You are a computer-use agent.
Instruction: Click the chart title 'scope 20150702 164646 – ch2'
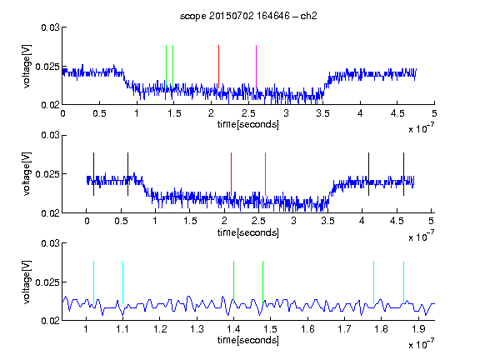pos(248,16)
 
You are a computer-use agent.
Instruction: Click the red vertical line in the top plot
pos(218,67)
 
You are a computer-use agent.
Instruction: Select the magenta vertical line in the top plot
pos(256,67)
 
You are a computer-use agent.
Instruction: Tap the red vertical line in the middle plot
pos(231,174)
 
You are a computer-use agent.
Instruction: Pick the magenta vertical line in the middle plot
pos(265,174)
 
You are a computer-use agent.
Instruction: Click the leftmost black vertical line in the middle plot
pos(93,174)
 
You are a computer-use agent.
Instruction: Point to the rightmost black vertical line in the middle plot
pos(403,174)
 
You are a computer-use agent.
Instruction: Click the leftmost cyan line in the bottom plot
pos(93,282)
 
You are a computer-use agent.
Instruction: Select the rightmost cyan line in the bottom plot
pos(403,282)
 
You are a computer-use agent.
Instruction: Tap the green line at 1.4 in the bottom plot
pos(233,282)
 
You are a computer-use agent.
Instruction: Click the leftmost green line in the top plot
pos(166,67)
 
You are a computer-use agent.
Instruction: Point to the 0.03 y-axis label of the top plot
pos(50,27)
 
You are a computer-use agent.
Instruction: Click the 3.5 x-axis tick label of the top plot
pos(323,113)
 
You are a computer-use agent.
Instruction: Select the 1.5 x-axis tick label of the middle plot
pos(190,221)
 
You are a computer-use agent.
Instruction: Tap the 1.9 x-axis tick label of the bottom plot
pos(418,329)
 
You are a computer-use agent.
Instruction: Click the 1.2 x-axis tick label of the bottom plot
pos(160,329)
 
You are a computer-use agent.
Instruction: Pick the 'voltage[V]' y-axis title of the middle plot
pos(27,174)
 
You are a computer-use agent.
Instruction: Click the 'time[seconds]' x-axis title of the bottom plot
pos(248,340)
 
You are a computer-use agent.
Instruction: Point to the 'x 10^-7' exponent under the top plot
pos(421,128)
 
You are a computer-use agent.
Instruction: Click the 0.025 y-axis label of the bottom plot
pos(48,282)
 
